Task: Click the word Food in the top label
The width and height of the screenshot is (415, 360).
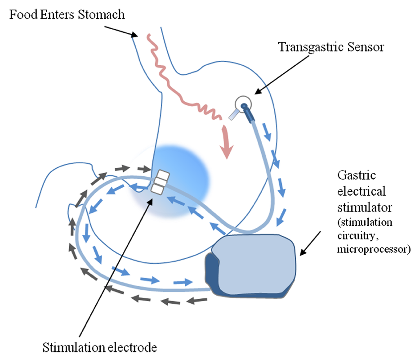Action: pos(23,14)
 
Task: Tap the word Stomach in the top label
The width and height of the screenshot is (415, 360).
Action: pos(101,14)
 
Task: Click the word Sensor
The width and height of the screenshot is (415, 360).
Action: pos(366,47)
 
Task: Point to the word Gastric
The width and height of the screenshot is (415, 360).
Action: pos(357,175)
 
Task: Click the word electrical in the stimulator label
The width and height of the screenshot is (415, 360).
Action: pos(361,191)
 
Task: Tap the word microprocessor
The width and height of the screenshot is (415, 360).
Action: pos(374,249)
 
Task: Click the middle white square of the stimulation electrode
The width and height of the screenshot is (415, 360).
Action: pos(160,183)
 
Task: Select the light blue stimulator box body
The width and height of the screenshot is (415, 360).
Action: pos(254,264)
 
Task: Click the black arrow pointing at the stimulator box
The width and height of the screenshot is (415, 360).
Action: pos(310,243)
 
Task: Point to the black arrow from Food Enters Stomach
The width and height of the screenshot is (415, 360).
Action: pos(121,31)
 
